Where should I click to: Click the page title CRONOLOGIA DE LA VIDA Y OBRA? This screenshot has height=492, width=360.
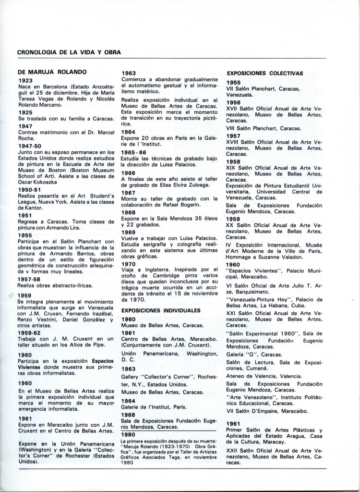[x=69, y=52]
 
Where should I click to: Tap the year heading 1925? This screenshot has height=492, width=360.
[x=26, y=111]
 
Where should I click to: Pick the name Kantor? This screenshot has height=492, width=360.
[x=29, y=209]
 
